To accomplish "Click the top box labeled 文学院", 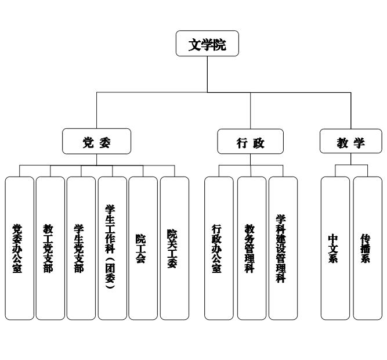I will tap(207, 44).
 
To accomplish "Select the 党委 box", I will tap(97, 141).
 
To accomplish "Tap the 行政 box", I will tap(251, 141).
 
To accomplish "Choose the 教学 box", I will tap(351, 141).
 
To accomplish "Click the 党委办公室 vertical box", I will tap(19, 249).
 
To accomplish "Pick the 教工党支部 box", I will tap(50, 249).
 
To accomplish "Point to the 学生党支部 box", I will tap(81, 249).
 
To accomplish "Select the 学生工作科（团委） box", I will tap(112, 249).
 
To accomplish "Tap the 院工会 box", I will tap(143, 249).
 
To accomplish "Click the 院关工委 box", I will tap(174, 249).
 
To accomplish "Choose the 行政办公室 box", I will tap(219, 249).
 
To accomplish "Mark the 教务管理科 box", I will tap(251, 249).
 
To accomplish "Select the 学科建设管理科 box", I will tap(283, 249).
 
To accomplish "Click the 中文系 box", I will tap(335, 249).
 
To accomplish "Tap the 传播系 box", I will tap(367, 249).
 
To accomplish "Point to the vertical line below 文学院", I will tap(207, 74).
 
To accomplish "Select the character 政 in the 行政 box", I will tap(259, 143).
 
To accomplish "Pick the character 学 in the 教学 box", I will tap(360, 143).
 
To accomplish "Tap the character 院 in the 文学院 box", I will tap(219, 45).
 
